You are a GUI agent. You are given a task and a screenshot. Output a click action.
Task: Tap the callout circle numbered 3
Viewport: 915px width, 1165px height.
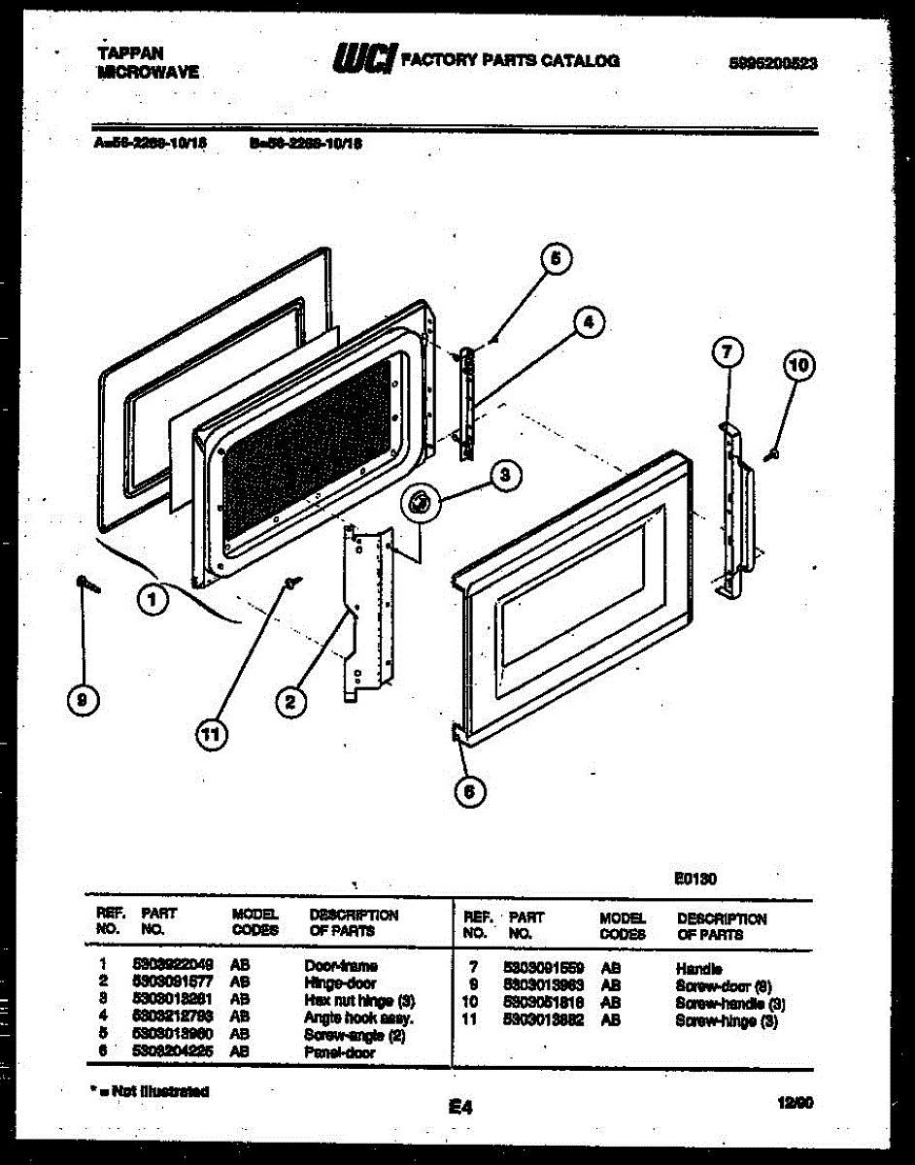tap(504, 475)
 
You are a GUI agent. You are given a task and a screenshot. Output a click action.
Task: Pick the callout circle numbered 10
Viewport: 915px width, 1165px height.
tap(798, 366)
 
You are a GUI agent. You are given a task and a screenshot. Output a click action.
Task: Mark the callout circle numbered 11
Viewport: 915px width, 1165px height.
tap(209, 737)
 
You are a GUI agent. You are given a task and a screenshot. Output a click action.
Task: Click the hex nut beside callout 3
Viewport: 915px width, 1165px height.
tap(421, 502)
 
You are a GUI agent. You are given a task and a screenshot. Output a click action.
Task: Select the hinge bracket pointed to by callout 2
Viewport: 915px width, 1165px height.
tap(370, 607)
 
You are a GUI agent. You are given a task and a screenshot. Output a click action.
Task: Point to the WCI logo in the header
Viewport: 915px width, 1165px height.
tap(362, 59)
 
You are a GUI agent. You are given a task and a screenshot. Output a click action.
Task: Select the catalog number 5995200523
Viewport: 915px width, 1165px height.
tap(772, 63)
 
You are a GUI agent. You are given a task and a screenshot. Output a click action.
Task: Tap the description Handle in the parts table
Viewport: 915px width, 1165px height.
tap(698, 968)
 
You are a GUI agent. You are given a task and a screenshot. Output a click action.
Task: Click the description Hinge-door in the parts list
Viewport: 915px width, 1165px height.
tap(340, 982)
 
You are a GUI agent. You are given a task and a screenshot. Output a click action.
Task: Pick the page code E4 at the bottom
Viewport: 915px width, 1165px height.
tap(460, 1106)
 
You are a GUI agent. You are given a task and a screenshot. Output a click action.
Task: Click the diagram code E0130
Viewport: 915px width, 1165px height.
tap(695, 880)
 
